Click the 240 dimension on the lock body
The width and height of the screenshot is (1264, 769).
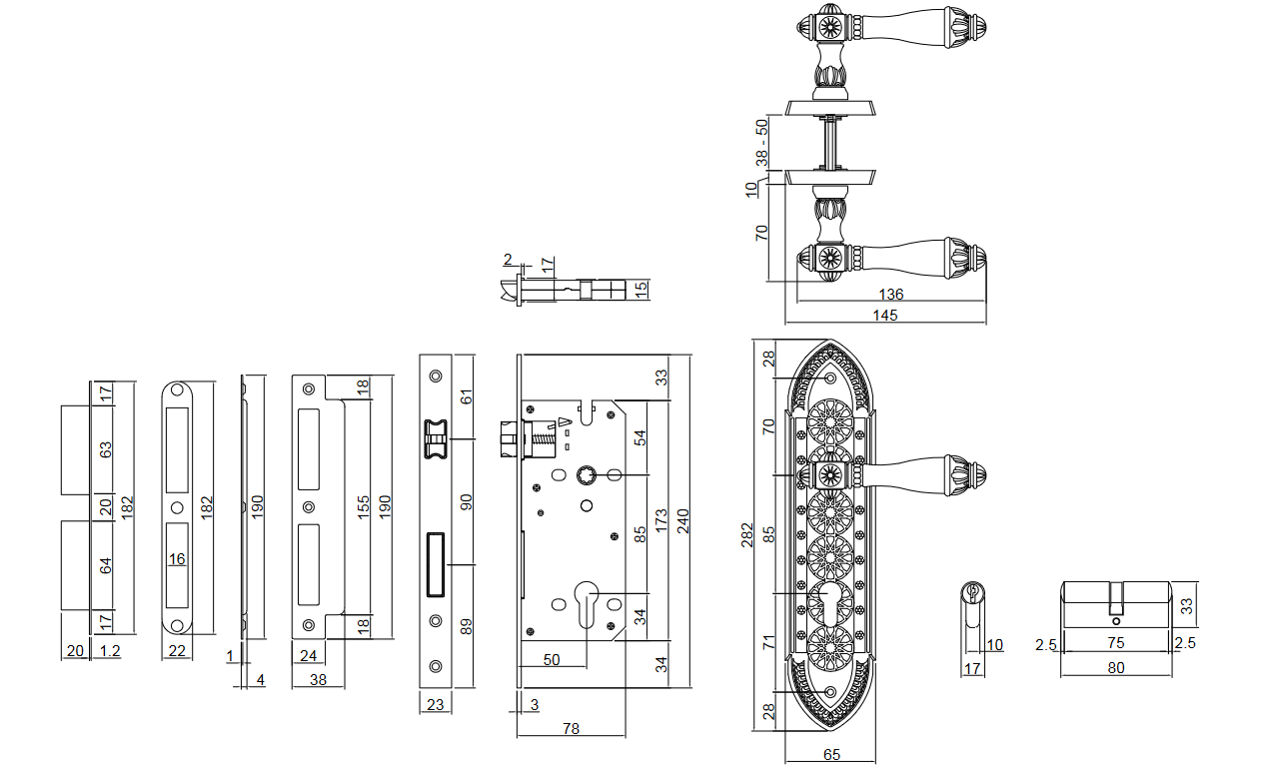click(682, 522)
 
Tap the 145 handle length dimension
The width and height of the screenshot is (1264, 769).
click(884, 316)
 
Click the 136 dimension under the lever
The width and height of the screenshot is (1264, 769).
click(890, 295)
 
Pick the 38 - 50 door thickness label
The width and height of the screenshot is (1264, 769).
click(761, 142)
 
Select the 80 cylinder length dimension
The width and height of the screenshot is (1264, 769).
click(1116, 668)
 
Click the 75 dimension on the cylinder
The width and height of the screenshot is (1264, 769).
click(1116, 644)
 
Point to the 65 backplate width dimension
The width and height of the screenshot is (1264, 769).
click(831, 755)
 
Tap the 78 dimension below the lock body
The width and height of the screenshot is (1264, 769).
click(571, 729)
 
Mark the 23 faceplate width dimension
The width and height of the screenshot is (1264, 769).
click(435, 704)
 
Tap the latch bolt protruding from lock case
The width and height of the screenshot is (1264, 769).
click(509, 438)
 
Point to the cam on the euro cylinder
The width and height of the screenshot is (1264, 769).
click(1117, 601)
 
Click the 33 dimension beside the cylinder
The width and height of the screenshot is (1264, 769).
click(1187, 604)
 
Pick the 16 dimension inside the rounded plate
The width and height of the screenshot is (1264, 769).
click(177, 558)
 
